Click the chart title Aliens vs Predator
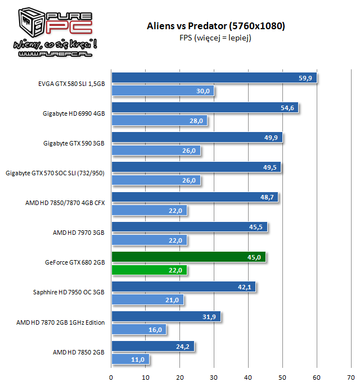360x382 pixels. tap(216, 26)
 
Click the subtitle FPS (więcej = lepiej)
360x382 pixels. tap(216, 38)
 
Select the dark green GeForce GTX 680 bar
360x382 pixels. tap(188, 257)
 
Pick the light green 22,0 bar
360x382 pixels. tap(148, 270)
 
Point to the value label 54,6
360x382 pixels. tap(287, 108)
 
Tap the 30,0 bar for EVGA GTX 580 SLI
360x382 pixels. tap(162, 90)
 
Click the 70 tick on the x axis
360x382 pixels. tap(351, 376)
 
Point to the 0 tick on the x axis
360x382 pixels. tap(111, 376)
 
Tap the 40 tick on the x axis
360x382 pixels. tap(248, 376)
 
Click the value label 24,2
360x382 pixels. tap(183, 346)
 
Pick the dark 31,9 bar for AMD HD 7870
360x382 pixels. tap(165, 316)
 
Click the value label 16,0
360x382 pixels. tap(155, 330)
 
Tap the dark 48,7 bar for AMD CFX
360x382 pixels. tap(194, 197)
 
